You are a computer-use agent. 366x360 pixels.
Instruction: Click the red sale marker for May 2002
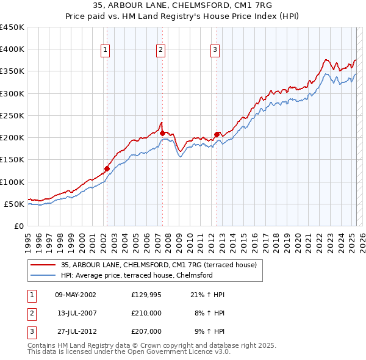click(107, 168)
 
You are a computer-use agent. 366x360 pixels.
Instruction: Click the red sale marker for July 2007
click(162, 133)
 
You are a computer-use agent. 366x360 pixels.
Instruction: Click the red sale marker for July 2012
click(217, 134)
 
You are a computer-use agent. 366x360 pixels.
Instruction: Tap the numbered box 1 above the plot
click(106, 50)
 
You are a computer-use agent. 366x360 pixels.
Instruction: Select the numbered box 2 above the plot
click(160, 50)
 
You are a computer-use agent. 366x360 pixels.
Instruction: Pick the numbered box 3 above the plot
click(215, 50)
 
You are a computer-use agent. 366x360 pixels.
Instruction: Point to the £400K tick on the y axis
click(12, 49)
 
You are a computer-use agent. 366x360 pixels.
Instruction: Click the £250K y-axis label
click(12, 115)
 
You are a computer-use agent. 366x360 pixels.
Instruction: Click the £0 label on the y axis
click(20, 226)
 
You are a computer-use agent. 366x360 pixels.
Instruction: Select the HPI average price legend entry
click(136, 275)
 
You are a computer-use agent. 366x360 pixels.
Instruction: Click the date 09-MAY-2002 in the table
click(76, 295)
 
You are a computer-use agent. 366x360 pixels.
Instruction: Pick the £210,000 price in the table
click(146, 313)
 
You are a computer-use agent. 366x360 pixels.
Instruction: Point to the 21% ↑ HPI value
click(207, 295)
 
